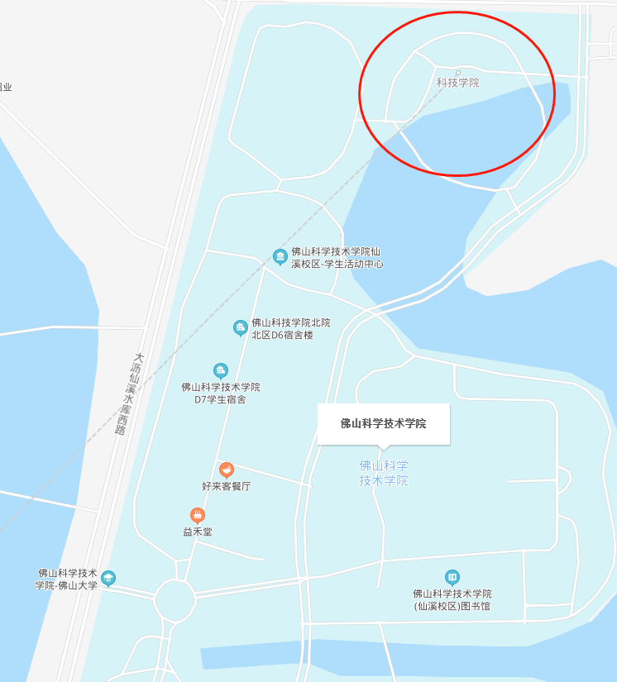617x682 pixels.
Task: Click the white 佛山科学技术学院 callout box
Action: pos(383,424)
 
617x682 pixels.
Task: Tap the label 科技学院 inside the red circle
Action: pos(457,83)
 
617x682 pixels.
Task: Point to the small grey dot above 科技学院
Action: pos(457,72)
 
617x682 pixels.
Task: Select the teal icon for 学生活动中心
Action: pos(280,256)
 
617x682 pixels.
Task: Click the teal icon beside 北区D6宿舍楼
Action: pos(241,328)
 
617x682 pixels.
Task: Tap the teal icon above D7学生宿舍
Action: pos(220,370)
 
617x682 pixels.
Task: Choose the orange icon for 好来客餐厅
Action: pos(227,470)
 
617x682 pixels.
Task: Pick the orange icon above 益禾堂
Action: pos(197,515)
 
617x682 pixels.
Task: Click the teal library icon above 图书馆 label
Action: pos(452,577)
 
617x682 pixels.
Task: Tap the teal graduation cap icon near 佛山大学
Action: pos(108,578)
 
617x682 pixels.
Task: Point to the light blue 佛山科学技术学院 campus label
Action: pos(384,473)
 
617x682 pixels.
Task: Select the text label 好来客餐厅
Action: pos(227,486)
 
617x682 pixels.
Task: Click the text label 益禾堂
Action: pos(198,532)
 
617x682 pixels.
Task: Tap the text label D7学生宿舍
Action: pos(221,393)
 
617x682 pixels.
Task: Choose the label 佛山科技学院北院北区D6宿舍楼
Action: pos(290,329)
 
